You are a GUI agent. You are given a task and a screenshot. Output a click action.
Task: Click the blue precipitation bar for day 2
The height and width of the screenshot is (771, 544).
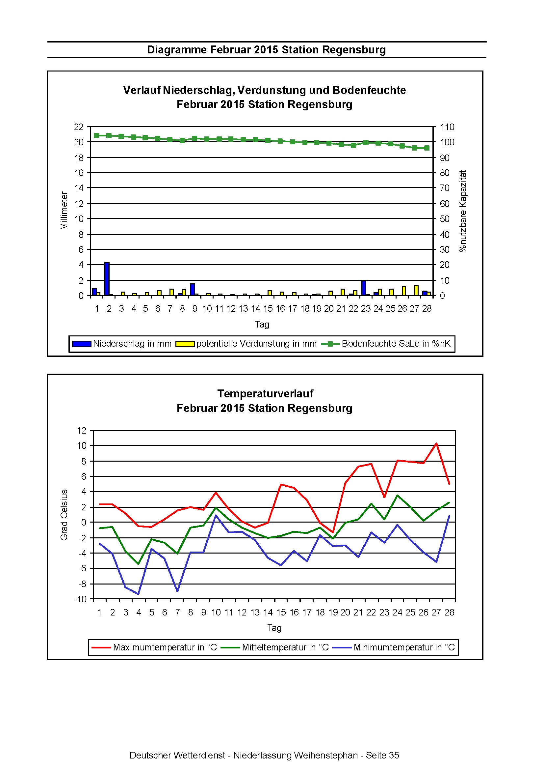pyautogui.click(x=107, y=279)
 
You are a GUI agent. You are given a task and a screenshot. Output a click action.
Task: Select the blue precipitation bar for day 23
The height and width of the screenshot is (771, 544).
pyautogui.click(x=364, y=288)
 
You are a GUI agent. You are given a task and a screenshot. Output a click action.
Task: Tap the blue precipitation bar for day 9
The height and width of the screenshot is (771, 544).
pyautogui.click(x=193, y=290)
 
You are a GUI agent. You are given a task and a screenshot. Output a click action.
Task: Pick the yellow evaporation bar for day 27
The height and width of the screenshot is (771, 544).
pyautogui.click(x=416, y=290)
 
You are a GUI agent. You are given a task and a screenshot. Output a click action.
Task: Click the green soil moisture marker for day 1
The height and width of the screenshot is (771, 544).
pyautogui.click(x=97, y=136)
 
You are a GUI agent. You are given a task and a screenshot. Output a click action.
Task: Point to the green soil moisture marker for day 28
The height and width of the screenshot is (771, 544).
pyautogui.click(x=427, y=148)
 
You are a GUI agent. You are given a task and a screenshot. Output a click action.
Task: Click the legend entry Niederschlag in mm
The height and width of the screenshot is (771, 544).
pyautogui.click(x=122, y=344)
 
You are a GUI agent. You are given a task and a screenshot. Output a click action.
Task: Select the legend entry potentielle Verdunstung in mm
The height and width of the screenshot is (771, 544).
pyautogui.click(x=246, y=344)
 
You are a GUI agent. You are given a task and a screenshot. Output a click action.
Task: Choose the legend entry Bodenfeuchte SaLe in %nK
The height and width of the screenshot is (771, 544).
pyautogui.click(x=386, y=344)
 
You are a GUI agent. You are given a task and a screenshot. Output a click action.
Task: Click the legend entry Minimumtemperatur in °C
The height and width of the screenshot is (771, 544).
pyautogui.click(x=394, y=647)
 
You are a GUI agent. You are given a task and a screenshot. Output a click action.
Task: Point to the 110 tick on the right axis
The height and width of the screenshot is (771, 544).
pyautogui.click(x=447, y=127)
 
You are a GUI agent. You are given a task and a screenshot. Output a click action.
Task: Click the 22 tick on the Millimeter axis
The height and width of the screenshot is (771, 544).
pyautogui.click(x=79, y=127)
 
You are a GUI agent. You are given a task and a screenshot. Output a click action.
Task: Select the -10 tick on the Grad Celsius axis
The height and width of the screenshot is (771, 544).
pyautogui.click(x=81, y=599)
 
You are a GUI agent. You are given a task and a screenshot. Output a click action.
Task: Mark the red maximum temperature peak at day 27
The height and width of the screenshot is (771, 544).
pyautogui.click(x=436, y=443)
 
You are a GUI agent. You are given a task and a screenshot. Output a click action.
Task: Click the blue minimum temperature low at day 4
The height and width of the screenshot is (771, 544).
pyautogui.click(x=138, y=594)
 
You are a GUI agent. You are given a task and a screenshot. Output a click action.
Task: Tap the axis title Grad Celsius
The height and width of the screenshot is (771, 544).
pyautogui.click(x=64, y=515)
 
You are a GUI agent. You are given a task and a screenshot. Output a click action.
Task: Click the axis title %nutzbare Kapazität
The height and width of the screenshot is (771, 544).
pyautogui.click(x=463, y=211)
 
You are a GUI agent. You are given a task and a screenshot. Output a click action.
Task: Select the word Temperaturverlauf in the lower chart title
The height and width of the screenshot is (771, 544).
pyautogui.click(x=265, y=393)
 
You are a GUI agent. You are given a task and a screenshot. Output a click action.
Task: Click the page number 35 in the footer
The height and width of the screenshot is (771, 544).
pyautogui.click(x=394, y=755)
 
